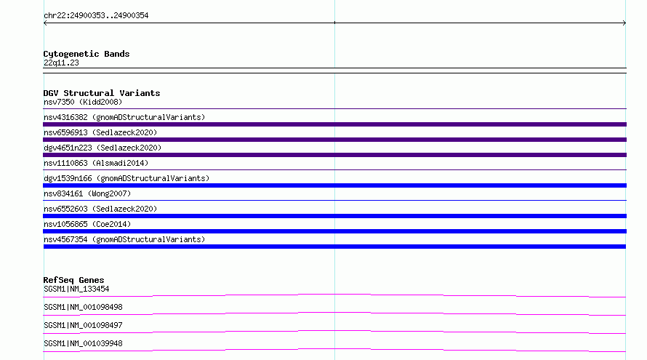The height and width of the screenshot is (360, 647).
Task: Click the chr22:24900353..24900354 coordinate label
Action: [x=96, y=15]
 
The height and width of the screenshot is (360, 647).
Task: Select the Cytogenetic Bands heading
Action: [x=87, y=54]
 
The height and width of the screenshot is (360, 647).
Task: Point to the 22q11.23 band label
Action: [x=61, y=63]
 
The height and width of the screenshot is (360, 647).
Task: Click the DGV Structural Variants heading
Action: [x=102, y=93]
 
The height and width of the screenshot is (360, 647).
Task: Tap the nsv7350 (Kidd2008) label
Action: [x=83, y=102]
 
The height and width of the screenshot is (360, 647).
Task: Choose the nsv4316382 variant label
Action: [x=124, y=117]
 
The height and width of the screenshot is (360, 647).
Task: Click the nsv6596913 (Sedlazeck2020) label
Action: [x=100, y=132]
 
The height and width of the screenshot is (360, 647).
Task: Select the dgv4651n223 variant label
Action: [x=103, y=148]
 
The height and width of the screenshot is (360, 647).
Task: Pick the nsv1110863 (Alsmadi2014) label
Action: [x=96, y=163]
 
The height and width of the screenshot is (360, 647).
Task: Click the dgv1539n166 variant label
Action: [x=126, y=178]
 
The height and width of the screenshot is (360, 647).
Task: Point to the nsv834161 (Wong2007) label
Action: [x=87, y=193]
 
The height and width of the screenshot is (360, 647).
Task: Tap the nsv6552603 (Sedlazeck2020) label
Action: [x=100, y=209]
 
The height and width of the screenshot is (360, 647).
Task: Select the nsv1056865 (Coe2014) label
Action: [x=87, y=224]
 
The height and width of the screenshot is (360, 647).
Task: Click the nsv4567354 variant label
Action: [x=124, y=239]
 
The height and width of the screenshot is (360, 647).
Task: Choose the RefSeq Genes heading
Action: [x=73, y=280]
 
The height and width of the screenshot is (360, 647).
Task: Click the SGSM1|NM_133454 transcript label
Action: [x=76, y=289]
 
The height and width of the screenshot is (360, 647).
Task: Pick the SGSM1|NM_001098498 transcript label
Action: [x=83, y=307]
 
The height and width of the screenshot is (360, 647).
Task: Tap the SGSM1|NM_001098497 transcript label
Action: [x=83, y=325]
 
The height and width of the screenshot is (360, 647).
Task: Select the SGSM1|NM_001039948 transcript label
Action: [x=83, y=343]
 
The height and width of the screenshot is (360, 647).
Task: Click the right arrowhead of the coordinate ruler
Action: [x=625, y=23]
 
